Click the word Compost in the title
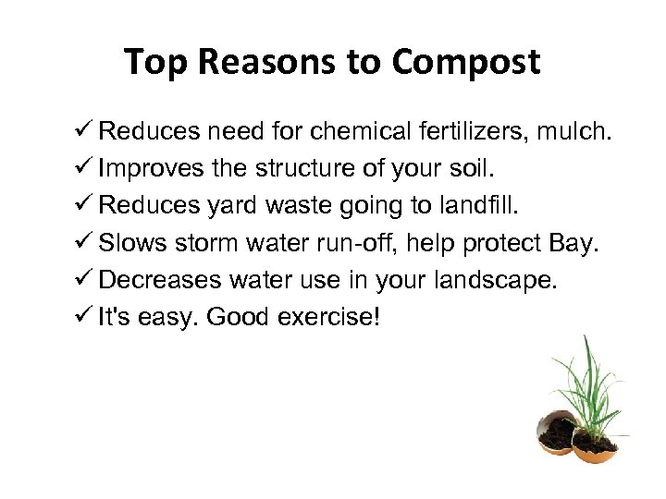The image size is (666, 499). point(465,63)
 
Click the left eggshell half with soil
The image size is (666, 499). point(558,432)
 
